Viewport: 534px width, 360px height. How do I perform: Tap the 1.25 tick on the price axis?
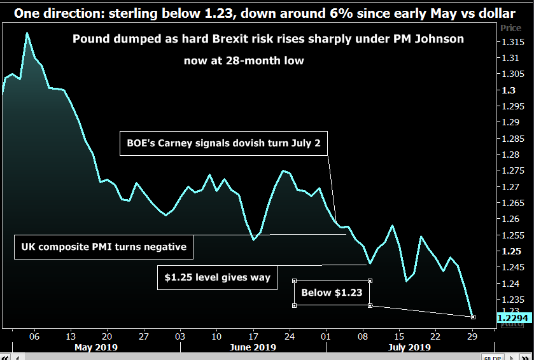[510, 251]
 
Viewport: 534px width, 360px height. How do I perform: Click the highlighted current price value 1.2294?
[512, 317]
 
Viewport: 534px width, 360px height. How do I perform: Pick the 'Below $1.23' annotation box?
[332, 293]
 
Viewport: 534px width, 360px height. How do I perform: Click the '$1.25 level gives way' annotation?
[217, 277]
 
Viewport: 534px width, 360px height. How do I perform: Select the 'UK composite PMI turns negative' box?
[104, 246]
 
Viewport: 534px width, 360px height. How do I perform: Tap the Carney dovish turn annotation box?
[223, 144]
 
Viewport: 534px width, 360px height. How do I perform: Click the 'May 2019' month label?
[97, 347]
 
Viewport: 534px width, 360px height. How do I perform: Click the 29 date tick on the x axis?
[472, 336]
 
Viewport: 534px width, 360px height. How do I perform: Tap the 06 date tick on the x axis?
[34, 336]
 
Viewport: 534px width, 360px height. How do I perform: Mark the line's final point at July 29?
[472, 316]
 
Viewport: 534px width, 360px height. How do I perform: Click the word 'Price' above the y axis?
[510, 28]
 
